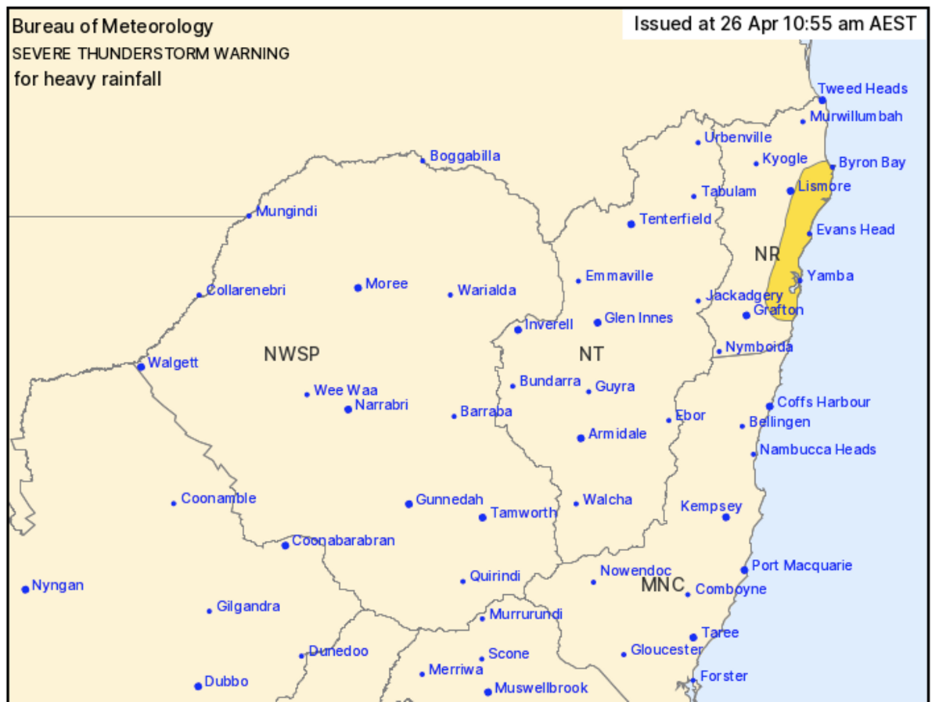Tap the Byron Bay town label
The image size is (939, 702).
(872, 163)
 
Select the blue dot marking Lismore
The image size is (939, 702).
(790, 191)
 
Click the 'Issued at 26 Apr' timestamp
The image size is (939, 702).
(775, 23)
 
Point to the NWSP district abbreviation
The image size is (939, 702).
(292, 354)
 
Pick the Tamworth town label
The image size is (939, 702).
(523, 513)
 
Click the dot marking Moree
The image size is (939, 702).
(358, 288)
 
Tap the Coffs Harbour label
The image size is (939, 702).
(823, 402)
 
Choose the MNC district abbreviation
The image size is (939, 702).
(663, 585)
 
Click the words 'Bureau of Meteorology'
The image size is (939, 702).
(113, 27)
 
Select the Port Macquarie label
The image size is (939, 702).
(801, 565)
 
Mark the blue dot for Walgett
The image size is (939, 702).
(141, 367)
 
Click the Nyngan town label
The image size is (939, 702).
(58, 586)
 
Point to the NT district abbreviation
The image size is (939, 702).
(591, 354)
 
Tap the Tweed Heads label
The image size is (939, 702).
(862, 88)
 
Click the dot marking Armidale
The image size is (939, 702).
(581, 438)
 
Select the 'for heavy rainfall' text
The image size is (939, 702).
(88, 79)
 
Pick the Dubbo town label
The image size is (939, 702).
(226, 682)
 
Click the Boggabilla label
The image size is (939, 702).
(465, 156)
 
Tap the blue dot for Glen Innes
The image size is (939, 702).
(597, 322)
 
